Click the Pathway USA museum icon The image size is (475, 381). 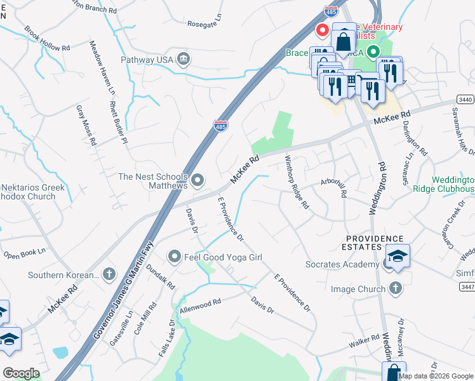(184, 60)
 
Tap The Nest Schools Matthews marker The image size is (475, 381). (197, 181)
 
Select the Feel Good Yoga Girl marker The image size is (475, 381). (175, 257)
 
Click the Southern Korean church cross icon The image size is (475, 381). (109, 274)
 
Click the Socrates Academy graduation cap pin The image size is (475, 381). (397, 256)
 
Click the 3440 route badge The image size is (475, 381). (465, 100)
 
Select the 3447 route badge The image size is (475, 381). (466, 287)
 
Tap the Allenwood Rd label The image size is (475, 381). (200, 305)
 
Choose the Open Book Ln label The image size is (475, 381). (25, 255)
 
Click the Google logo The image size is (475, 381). (21, 373)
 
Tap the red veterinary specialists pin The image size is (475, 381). (322, 29)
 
